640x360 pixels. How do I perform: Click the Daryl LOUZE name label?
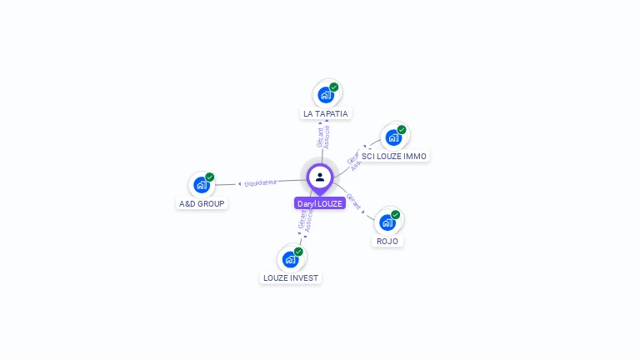(320, 203)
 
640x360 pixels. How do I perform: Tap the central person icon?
(320, 177)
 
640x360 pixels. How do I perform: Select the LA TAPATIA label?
(326, 113)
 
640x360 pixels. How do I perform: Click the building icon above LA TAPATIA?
(326, 94)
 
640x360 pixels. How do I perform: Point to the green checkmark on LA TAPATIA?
(334, 87)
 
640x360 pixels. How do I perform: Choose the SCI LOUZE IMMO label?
(394, 156)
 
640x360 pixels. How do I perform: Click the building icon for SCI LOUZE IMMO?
(393, 137)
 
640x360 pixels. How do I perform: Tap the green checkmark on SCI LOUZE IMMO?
(402, 129)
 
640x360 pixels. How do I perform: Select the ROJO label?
(387, 241)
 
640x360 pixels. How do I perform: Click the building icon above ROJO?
(387, 222)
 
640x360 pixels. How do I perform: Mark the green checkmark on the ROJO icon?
(396, 214)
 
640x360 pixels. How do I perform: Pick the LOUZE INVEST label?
(291, 277)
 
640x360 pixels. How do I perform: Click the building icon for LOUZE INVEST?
(290, 258)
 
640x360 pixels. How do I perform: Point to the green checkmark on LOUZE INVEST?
(298, 251)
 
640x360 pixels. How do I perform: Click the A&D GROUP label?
(202, 203)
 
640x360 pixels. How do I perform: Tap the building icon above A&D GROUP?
(202, 184)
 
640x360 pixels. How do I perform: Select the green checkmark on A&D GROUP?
(210, 177)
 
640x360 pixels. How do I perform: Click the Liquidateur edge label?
(260, 182)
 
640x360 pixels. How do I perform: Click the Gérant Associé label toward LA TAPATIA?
(323, 137)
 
